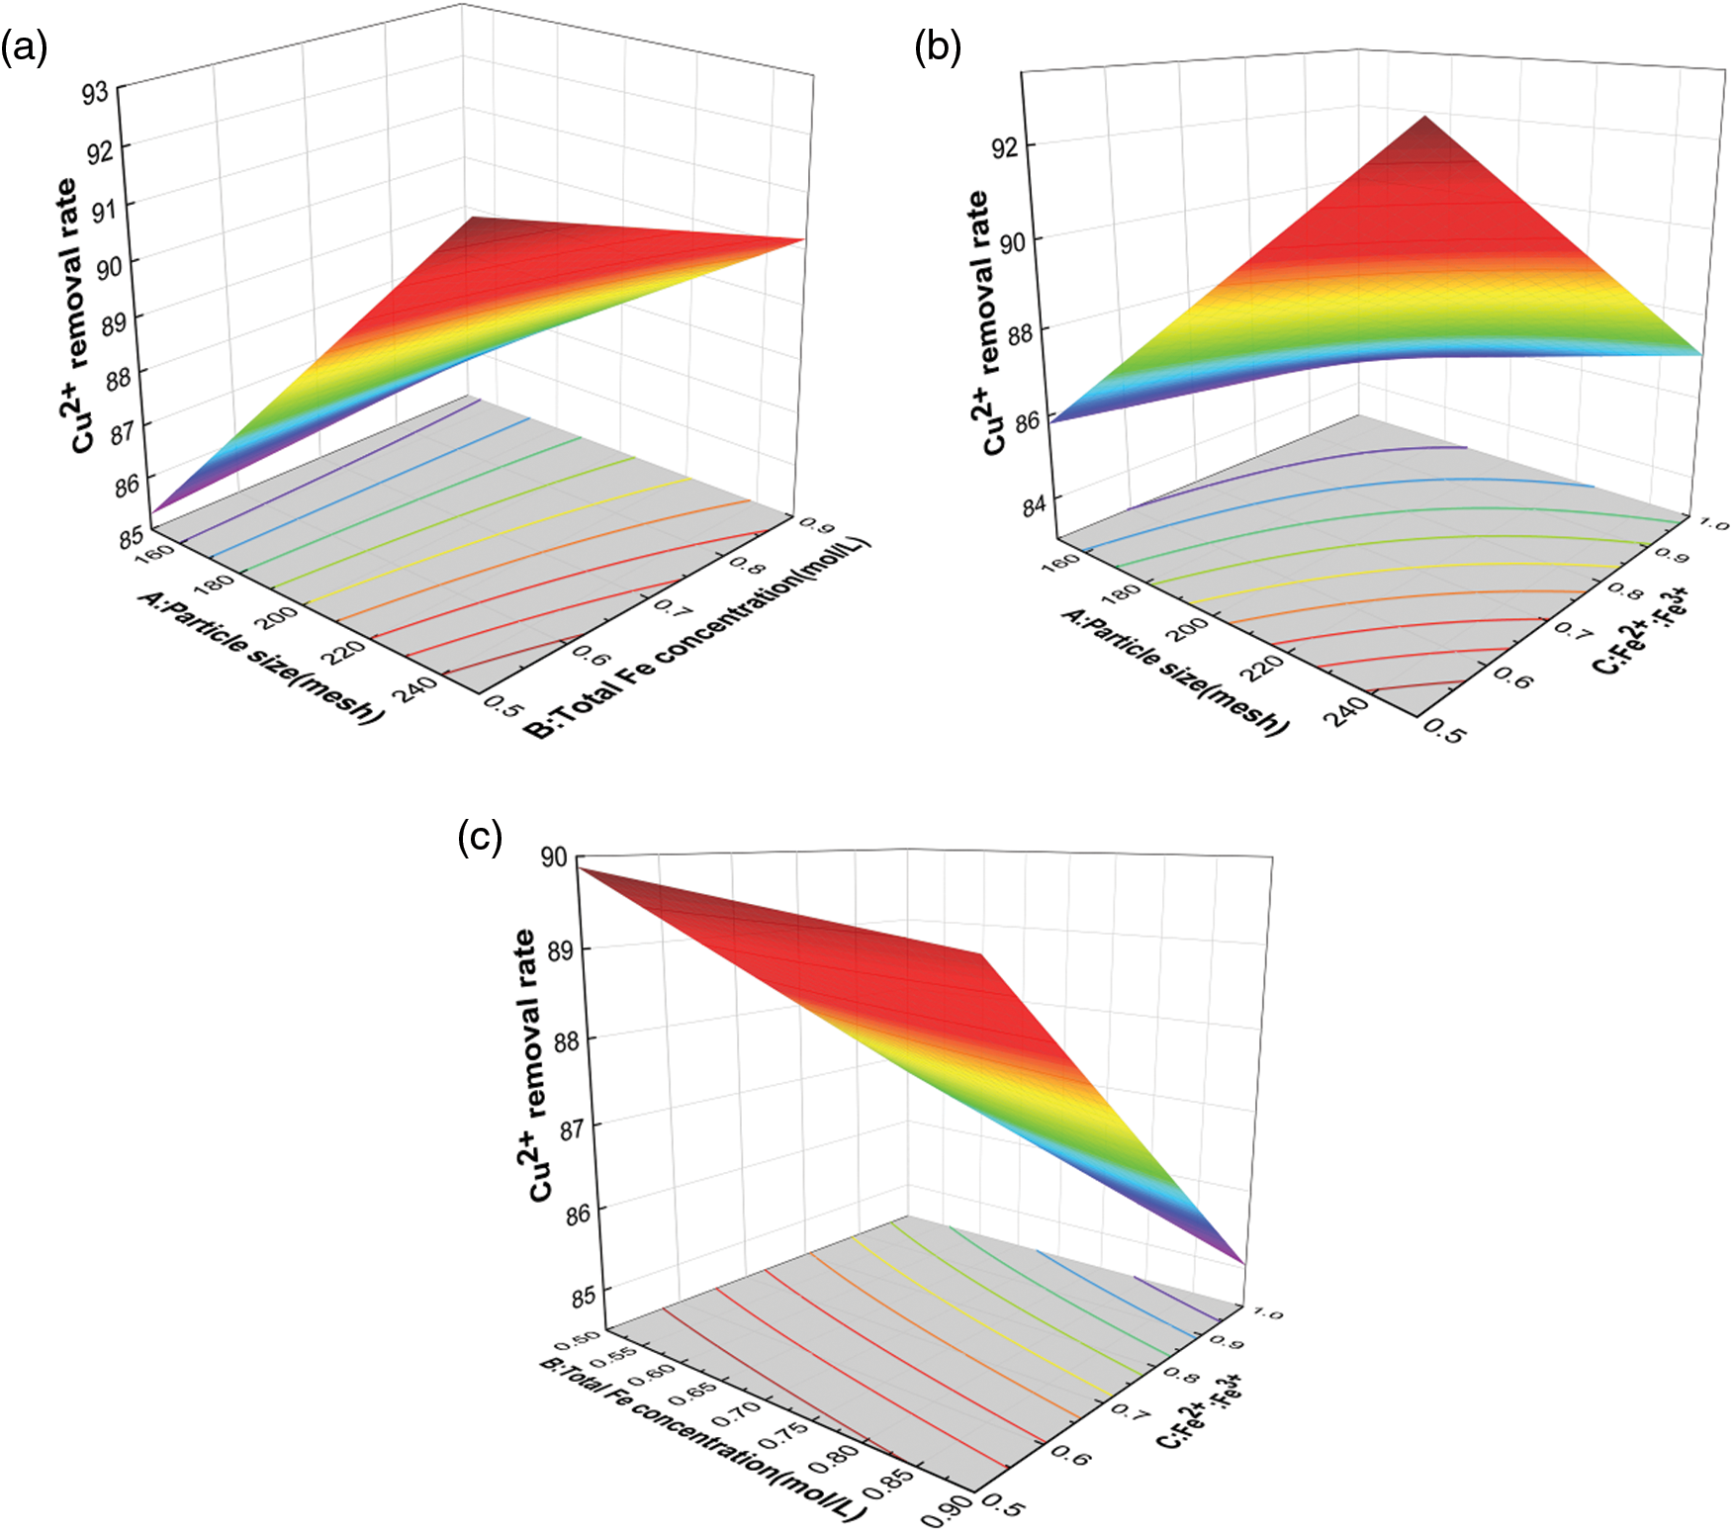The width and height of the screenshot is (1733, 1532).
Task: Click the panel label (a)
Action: coord(24,47)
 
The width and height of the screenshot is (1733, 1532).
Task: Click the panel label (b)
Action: coord(938,47)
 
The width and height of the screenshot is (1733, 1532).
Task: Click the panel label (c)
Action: coord(480,838)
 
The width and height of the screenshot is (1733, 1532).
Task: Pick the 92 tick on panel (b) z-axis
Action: coord(1005,147)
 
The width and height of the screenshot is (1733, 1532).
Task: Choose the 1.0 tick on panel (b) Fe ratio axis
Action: coord(1713,523)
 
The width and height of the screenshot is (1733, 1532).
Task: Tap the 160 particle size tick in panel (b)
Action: coord(1061,563)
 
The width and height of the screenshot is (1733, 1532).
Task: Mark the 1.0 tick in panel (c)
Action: coord(1266,1313)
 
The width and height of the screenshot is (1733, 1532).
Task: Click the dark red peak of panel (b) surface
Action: coord(1425,121)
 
